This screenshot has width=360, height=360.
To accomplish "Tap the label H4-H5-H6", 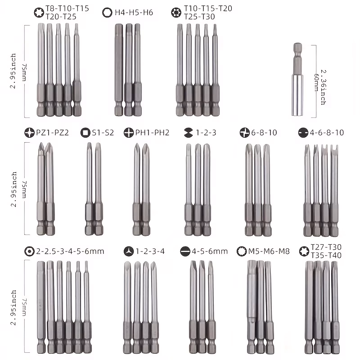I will click(135, 12).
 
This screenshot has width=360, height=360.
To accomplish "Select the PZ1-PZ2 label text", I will click(53, 132).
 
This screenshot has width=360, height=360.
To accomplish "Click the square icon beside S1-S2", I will click(85, 133).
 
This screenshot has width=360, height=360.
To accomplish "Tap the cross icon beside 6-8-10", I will click(244, 132).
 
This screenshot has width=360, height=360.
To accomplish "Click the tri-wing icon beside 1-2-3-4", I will click(128, 251).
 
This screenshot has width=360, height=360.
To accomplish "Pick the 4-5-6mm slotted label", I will click(209, 251).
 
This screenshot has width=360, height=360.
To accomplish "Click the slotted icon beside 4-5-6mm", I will click(184, 251).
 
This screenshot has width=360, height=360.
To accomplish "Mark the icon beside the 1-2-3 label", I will click(189, 132).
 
